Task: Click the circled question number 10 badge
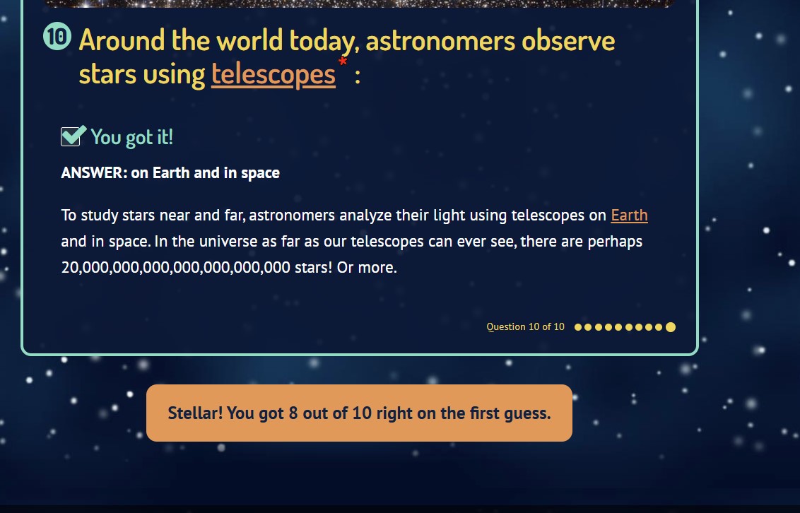coord(57,37)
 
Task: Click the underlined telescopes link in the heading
coord(273,75)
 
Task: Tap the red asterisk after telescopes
coord(342,62)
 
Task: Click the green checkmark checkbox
coord(73,136)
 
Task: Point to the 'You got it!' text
coord(131,137)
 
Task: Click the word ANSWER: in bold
coord(94,173)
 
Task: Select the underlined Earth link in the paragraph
coord(629,216)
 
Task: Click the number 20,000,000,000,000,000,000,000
coord(175,268)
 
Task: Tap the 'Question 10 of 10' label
coord(526,327)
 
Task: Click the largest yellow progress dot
coord(671,327)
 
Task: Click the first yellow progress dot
coord(578,327)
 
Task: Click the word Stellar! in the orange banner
coord(196,413)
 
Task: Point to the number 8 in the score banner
coord(293,413)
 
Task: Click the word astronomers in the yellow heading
coord(440,41)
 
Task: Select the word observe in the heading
coord(568,40)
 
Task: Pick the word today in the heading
coord(324,41)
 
